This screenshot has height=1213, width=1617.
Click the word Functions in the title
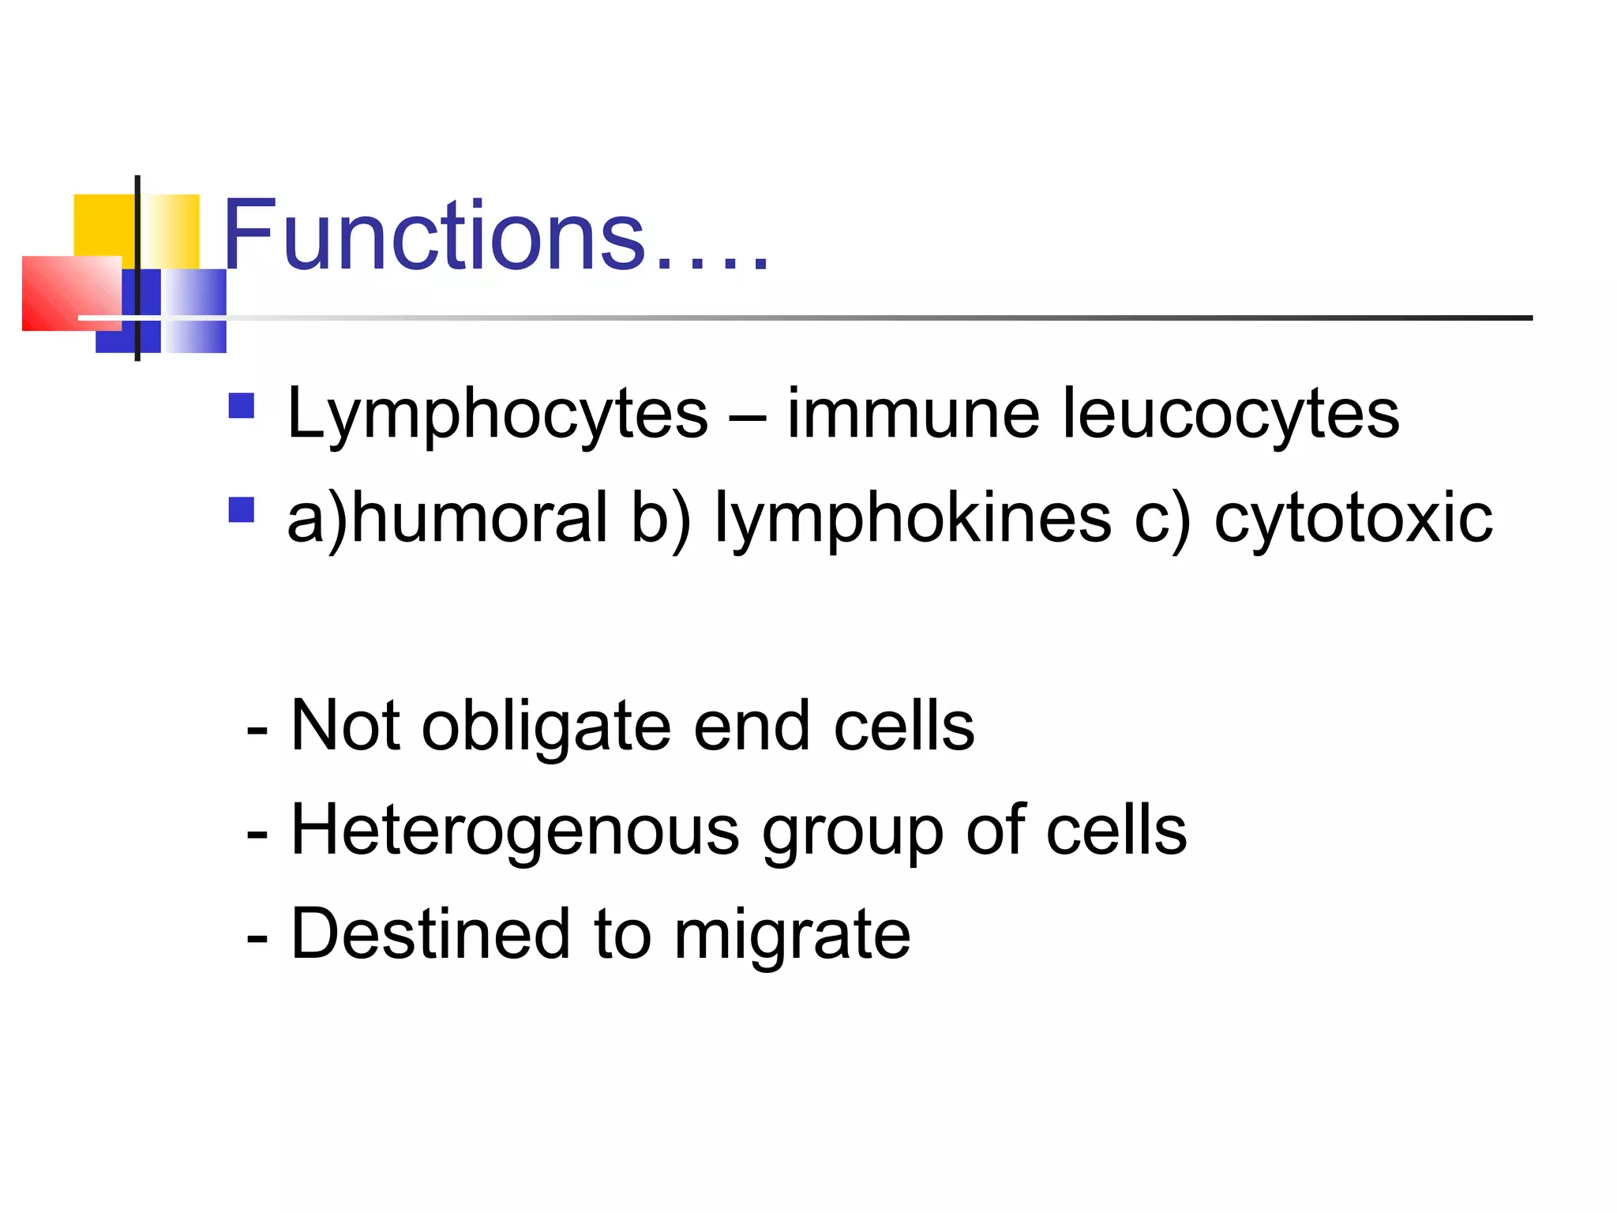[x=434, y=235]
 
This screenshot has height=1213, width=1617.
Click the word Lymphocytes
[x=497, y=415]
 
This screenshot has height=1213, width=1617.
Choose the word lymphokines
[x=912, y=519]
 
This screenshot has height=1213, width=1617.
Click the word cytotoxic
[x=1353, y=519]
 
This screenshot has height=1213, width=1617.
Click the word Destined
[x=430, y=934]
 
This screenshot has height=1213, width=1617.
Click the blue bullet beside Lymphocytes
[x=242, y=406]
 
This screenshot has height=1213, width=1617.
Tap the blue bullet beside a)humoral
[x=242, y=509]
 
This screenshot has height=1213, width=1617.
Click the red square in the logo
[x=69, y=292]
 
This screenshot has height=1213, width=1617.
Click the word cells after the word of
[x=1116, y=830]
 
